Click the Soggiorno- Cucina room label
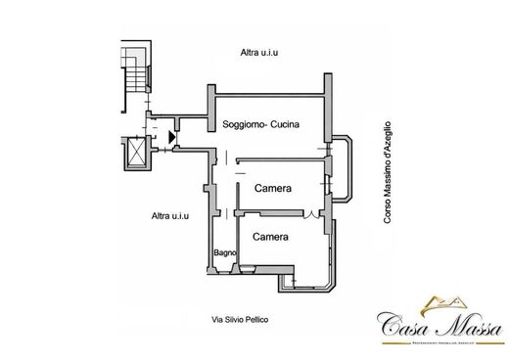coord(259,125)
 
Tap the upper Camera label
coord(275,188)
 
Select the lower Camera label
coord(270,238)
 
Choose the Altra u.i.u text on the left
coord(170,216)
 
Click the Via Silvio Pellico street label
coord(240,320)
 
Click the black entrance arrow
coord(172,138)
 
